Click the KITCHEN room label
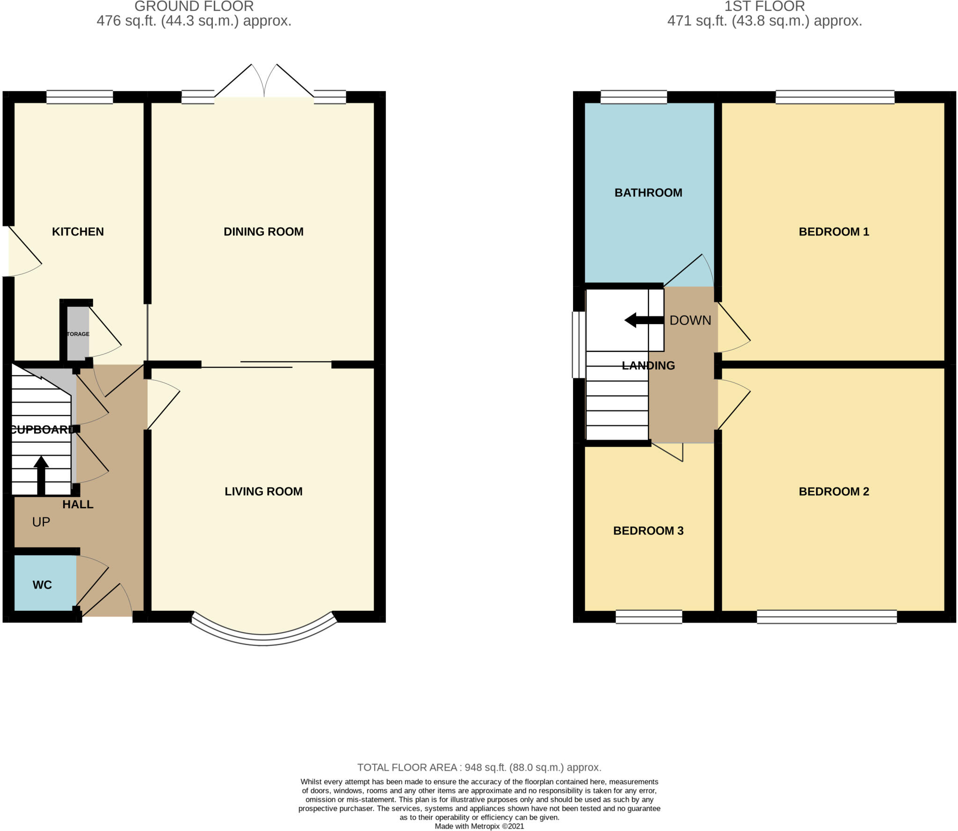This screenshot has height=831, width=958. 78,231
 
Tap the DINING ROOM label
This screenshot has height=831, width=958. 263,231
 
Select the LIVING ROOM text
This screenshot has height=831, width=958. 263,491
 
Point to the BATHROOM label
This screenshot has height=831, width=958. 648,193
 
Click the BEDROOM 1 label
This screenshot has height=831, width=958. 834,231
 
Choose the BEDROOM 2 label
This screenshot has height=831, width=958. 834,491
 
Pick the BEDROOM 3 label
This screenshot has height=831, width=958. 648,530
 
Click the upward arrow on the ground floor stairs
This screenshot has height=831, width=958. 41,475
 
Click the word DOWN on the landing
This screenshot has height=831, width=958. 690,320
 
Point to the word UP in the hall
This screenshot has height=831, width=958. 41,522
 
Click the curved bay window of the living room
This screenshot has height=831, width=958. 263,639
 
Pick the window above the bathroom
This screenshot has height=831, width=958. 633,97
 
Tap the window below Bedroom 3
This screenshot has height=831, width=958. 648,617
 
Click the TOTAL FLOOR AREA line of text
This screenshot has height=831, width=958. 479,767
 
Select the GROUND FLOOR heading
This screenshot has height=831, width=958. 194,7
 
